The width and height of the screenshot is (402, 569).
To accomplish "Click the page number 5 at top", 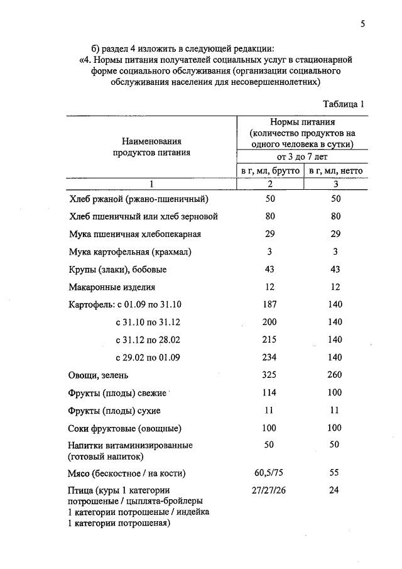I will click(362, 24).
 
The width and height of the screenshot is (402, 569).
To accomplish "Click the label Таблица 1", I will click(344, 104).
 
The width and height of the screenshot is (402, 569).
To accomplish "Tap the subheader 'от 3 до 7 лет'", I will click(302, 157).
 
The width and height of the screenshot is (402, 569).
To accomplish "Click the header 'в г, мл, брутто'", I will click(270, 171).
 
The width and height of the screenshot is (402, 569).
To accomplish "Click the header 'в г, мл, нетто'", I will click(335, 171).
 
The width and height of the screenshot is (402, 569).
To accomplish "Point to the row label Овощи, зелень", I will click(98, 375).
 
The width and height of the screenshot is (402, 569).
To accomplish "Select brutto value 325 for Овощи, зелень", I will click(270, 375).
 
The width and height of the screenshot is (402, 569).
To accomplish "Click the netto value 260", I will click(335, 375).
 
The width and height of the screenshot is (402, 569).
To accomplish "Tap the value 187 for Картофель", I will click(270, 304).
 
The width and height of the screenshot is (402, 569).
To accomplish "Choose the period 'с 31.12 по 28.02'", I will click(148, 340).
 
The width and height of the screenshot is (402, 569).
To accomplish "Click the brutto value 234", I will click(270, 357).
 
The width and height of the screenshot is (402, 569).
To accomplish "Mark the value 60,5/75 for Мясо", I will click(270, 472).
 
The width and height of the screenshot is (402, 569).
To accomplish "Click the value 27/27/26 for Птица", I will click(270, 490).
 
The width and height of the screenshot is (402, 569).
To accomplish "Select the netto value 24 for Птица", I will click(335, 490).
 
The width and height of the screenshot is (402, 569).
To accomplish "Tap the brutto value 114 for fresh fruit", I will click(270, 393).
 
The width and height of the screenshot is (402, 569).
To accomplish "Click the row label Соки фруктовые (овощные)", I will click(124, 428).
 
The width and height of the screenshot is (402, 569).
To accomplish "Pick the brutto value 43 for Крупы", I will click(270, 269).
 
